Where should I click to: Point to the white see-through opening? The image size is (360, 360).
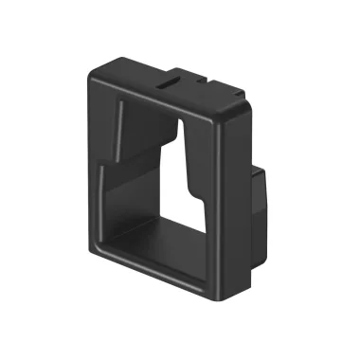pyautogui.click(x=194, y=199)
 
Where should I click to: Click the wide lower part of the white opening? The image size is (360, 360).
pyautogui.click(x=194, y=223)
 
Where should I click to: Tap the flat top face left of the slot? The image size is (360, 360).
pyautogui.click(x=133, y=76)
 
